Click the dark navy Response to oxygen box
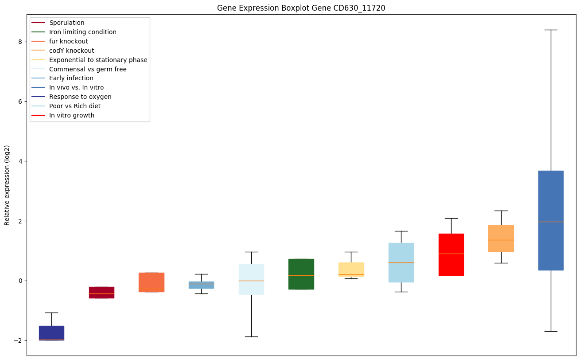[x=51, y=333]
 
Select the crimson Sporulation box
[x=101, y=293]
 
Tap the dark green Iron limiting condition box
[x=301, y=274]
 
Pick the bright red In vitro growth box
[x=451, y=254]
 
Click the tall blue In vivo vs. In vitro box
[x=551, y=220]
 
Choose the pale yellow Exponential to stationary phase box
[x=351, y=269]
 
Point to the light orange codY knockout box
[x=501, y=239]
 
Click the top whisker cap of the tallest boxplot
[x=551, y=30]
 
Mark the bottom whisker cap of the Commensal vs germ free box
[x=251, y=337]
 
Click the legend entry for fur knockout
[x=68, y=41]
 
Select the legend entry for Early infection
[x=71, y=78]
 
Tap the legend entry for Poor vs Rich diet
[x=75, y=106]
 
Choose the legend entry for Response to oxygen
[x=80, y=97]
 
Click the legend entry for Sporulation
[x=67, y=23]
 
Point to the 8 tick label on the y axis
[x=20, y=42]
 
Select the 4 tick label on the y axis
[x=20, y=161]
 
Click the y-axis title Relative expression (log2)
[x=7, y=185]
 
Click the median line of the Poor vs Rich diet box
[x=401, y=262]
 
